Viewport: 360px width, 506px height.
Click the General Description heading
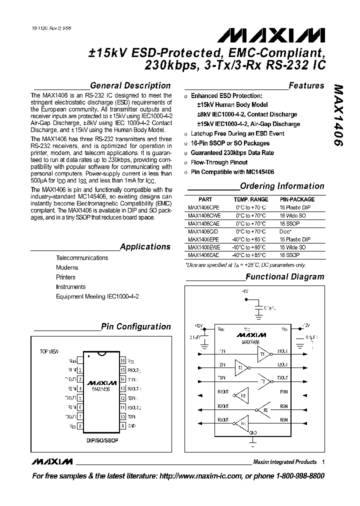(x=130, y=85)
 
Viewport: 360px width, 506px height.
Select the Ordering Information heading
(x=282, y=186)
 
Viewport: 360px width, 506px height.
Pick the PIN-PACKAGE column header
(x=297, y=199)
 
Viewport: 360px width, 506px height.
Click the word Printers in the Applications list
(x=66, y=277)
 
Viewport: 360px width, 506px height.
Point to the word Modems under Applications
(x=67, y=267)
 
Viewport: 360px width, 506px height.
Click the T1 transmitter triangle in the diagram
(x=263, y=354)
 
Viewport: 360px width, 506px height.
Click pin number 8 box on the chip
(x=80, y=425)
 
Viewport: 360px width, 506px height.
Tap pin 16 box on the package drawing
(x=122, y=360)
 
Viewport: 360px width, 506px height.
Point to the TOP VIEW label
(x=49, y=351)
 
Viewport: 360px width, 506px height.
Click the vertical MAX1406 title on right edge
(x=338, y=115)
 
